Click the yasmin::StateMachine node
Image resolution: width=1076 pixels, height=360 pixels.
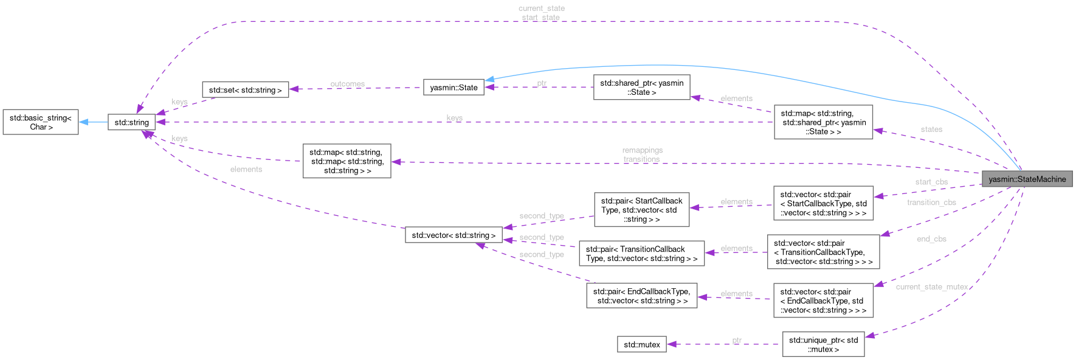(1027, 179)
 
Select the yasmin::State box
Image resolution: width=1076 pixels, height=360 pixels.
(454, 88)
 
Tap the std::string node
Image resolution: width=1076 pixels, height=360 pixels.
(131, 122)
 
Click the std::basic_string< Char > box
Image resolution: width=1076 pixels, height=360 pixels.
(41, 122)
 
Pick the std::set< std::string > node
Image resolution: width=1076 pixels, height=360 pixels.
(245, 90)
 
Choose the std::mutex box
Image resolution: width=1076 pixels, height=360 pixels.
(641, 345)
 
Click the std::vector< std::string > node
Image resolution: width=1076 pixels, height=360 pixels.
(454, 235)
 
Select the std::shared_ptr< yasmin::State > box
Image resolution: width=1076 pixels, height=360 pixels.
(641, 88)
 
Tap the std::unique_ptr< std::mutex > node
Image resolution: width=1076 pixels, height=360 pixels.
(823, 345)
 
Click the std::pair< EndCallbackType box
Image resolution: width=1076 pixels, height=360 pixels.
(641, 296)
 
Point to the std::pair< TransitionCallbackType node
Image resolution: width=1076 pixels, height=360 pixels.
(641, 254)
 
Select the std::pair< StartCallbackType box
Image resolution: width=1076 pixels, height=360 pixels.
(641, 210)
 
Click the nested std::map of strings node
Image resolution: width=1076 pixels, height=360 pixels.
(347, 161)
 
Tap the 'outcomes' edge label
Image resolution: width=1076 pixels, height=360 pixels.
(347, 84)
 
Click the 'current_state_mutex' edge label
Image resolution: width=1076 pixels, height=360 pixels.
(931, 287)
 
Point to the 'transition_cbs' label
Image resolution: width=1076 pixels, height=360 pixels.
(931, 202)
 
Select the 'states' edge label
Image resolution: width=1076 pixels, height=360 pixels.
(931, 130)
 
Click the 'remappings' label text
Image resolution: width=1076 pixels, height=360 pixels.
(642, 150)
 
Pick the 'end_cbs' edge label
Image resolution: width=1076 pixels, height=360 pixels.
(931, 240)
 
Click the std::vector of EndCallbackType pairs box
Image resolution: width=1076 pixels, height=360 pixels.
(823, 301)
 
